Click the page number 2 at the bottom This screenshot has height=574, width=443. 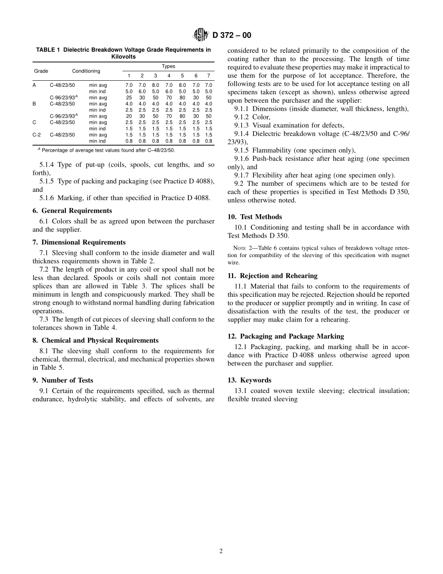[221, 551]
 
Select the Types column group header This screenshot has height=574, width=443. [168, 67]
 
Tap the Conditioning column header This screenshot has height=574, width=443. [86, 71]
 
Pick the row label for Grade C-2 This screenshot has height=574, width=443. [36, 135]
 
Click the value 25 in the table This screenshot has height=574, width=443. [129, 98]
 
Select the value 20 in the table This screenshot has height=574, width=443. [129, 116]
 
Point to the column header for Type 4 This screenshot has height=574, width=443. [169, 76]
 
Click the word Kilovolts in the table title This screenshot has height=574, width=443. [124, 56]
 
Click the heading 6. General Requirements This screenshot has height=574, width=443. [72, 210]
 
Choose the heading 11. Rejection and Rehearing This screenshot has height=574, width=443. [272, 276]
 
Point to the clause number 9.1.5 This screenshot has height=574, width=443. [242, 150]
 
